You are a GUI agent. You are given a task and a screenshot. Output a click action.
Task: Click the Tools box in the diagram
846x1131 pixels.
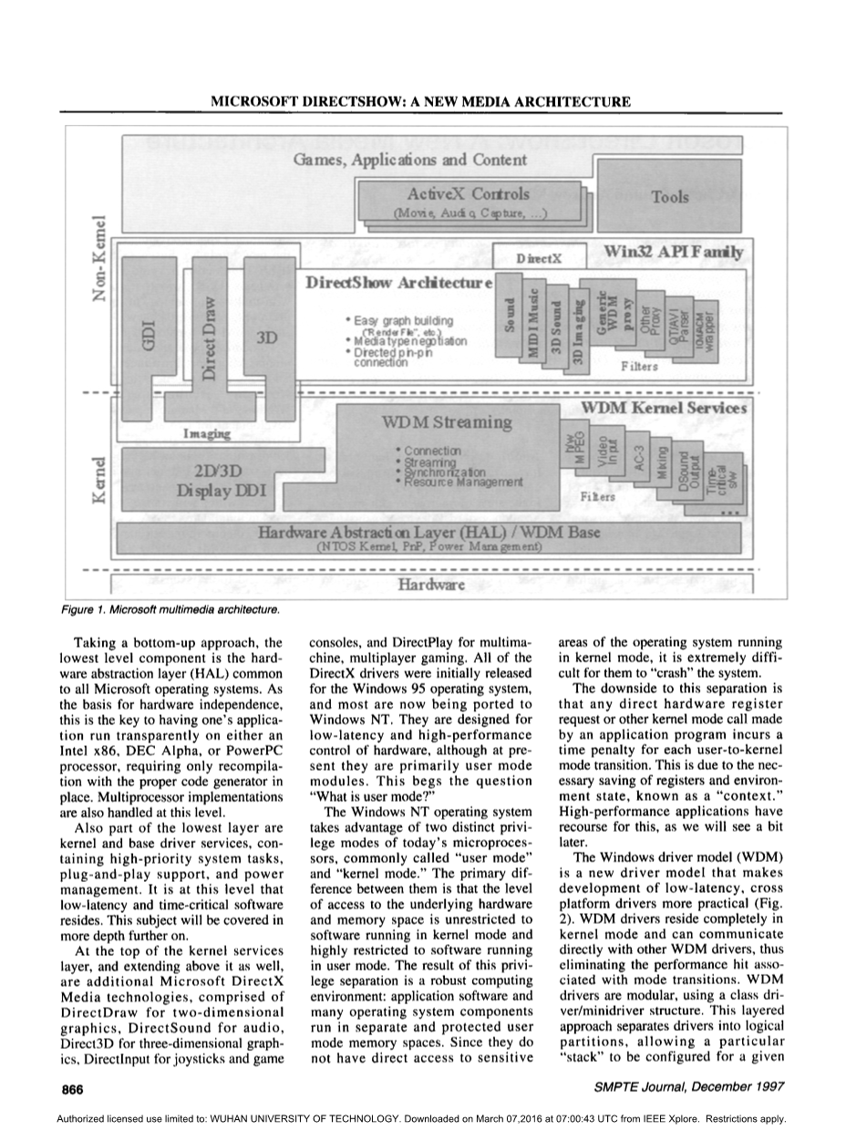[670, 197]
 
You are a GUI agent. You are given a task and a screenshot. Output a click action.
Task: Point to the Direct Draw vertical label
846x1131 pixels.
[209, 337]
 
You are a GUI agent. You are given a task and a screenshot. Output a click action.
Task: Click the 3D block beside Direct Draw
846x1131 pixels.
[267, 337]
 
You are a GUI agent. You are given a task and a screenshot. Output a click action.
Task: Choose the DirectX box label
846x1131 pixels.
[532, 259]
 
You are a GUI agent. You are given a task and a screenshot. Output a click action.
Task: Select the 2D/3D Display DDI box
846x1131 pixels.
[222, 481]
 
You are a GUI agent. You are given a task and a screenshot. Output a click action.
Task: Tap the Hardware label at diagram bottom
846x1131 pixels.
[432, 584]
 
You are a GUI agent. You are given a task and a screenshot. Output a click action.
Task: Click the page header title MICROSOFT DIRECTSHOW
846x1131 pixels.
[421, 100]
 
